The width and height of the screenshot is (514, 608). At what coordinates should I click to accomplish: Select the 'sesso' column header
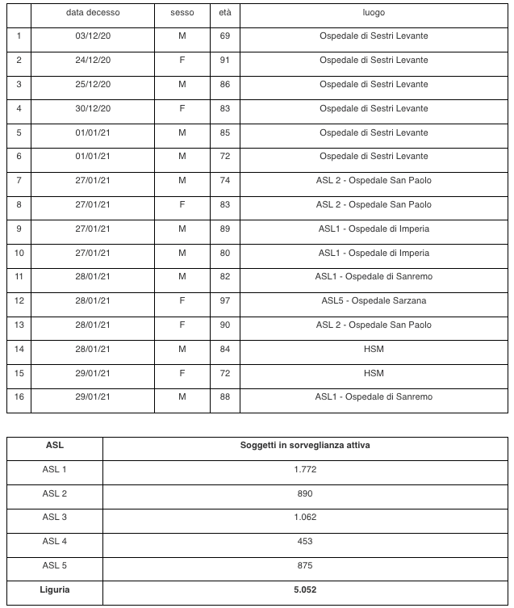[x=182, y=14]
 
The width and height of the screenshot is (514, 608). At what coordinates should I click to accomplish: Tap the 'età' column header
[x=225, y=14]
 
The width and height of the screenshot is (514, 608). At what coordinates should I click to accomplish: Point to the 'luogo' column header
[x=374, y=14]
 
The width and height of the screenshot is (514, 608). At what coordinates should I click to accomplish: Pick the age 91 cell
[x=225, y=61]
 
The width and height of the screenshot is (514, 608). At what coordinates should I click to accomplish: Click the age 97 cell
[x=225, y=301]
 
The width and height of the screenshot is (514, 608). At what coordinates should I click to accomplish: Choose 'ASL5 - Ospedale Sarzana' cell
[x=374, y=301]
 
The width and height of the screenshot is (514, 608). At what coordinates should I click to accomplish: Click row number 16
[x=19, y=396]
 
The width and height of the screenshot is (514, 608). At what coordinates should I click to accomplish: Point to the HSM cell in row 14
[x=374, y=349]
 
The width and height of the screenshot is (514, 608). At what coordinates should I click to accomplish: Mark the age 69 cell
[x=225, y=36]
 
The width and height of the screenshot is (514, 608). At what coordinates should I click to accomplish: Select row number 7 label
[x=19, y=181]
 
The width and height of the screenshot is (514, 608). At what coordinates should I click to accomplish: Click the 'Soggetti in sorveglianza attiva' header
[x=304, y=446]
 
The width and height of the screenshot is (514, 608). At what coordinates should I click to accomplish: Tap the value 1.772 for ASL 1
[x=304, y=469]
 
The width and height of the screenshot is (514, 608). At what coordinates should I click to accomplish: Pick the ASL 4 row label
[x=55, y=542]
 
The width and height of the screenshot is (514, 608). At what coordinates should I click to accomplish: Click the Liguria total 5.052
[x=304, y=590]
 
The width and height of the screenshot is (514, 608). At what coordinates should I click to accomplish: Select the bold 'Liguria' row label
[x=55, y=590]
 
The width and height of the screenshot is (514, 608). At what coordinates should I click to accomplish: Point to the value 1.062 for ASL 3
[x=304, y=518]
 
